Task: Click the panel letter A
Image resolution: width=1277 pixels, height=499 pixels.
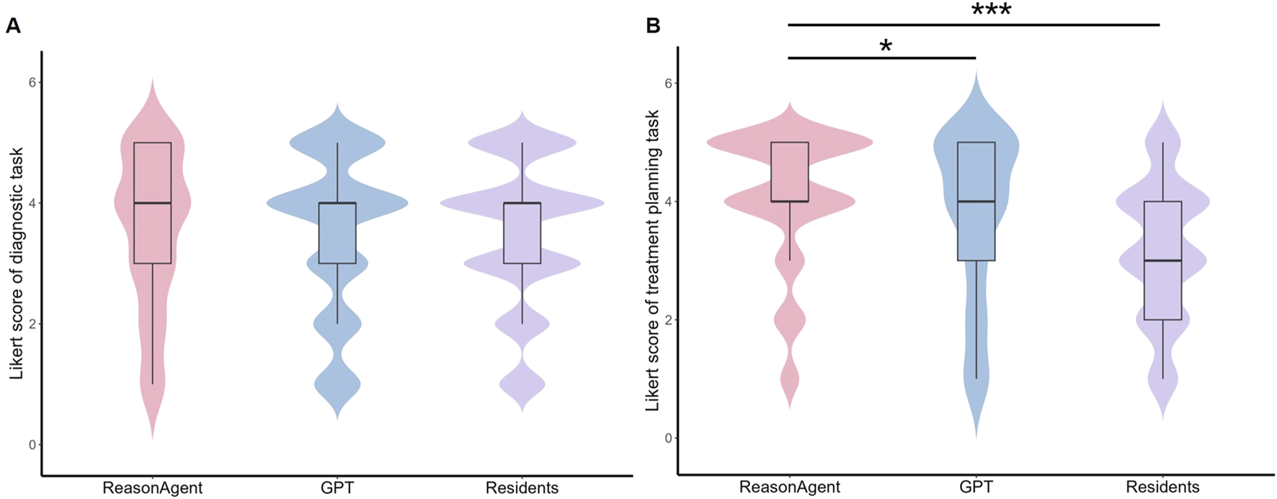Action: tap(13, 27)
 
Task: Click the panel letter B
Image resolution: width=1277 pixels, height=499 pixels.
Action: tap(653, 27)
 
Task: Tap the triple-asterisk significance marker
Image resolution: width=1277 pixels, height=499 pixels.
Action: tap(991, 11)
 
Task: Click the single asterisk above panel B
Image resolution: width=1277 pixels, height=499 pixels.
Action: tap(886, 47)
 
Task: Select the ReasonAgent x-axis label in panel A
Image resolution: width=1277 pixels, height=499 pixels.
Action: tap(152, 488)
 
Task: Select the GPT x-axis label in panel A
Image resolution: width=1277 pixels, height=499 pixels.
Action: tap(337, 488)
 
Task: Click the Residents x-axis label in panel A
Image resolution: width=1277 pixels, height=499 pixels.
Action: tap(522, 488)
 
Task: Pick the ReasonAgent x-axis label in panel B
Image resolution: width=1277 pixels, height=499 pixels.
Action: tap(790, 487)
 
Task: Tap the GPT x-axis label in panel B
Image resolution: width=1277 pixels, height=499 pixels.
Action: tap(976, 487)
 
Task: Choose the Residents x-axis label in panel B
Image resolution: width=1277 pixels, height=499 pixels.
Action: tap(1162, 487)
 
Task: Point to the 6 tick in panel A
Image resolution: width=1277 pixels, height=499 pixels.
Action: tap(32, 82)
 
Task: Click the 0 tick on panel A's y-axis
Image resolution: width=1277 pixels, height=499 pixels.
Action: tap(32, 444)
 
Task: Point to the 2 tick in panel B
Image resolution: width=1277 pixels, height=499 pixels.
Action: tap(669, 319)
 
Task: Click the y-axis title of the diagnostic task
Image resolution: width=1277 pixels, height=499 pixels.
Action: tap(17, 263)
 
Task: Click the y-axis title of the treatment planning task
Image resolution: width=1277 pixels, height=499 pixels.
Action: tap(652, 260)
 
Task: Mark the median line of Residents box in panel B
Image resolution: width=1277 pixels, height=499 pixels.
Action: tap(1162, 260)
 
